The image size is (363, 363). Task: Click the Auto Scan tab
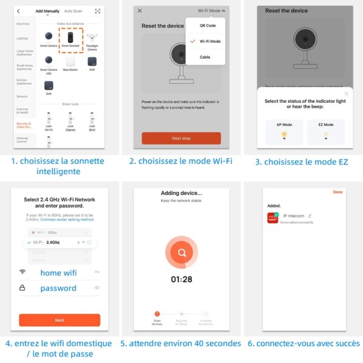[x=73, y=11]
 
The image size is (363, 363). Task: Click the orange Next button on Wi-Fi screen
[x=59, y=320]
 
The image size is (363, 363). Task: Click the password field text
[x=58, y=288]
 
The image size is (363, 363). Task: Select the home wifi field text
[x=59, y=273]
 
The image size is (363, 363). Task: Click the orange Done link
[x=338, y=192]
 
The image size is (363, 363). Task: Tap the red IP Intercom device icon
[x=273, y=218]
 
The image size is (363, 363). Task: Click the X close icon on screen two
[x=140, y=11]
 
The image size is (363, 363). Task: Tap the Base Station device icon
[x=71, y=62]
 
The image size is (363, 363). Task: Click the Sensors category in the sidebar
[x=22, y=96]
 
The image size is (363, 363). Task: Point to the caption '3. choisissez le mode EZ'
[x=302, y=162]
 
